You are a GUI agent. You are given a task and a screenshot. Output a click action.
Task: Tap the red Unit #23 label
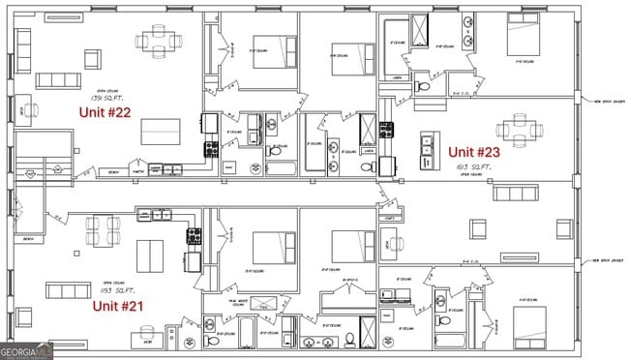pyautogui.click(x=474, y=151)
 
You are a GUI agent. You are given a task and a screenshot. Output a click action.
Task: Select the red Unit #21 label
pyautogui.click(x=118, y=306)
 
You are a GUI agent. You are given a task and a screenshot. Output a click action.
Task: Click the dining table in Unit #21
pyautogui.click(x=103, y=232)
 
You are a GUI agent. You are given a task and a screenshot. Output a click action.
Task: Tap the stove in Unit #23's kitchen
pyautogui.click(x=386, y=130)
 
